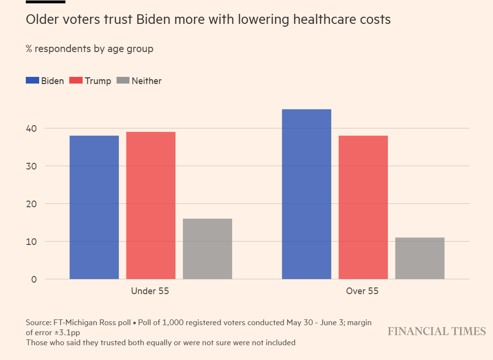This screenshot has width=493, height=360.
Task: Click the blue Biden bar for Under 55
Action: tap(94, 207)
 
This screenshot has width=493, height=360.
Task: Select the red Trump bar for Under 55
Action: tap(150, 205)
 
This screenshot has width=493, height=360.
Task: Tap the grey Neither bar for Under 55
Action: tap(207, 249)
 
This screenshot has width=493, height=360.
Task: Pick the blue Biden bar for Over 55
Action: tap(306, 194)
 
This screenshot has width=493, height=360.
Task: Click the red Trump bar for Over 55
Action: tap(363, 207)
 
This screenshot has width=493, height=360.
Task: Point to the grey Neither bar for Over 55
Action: tap(419, 258)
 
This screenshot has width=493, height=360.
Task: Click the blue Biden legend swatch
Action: tap(32, 81)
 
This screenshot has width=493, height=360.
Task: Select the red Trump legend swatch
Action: tap(76, 81)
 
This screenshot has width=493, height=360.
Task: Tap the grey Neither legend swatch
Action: tap(123, 81)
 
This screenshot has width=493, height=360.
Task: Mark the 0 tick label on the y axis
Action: tap(33, 279)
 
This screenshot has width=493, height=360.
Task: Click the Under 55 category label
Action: tap(150, 291)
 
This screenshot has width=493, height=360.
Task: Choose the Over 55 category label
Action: tap(362, 291)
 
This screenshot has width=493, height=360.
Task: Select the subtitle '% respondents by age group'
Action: tap(89, 49)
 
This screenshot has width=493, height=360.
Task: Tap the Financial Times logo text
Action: tap(436, 331)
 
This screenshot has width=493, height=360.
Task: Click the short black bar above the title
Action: tap(45, 2)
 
